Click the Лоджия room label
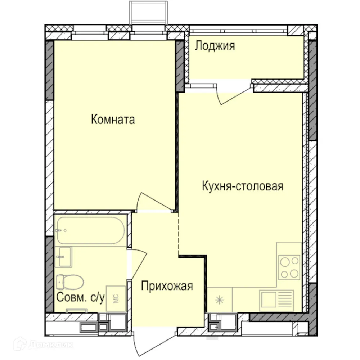[x=215, y=46]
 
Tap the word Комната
[x=113, y=120]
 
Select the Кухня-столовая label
[x=243, y=186]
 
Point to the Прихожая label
[x=167, y=287]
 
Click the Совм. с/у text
[x=81, y=298]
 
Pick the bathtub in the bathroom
[x=91, y=230]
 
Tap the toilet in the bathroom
[x=70, y=282]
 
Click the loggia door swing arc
[x=234, y=95]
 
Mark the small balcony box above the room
[x=149, y=12]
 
